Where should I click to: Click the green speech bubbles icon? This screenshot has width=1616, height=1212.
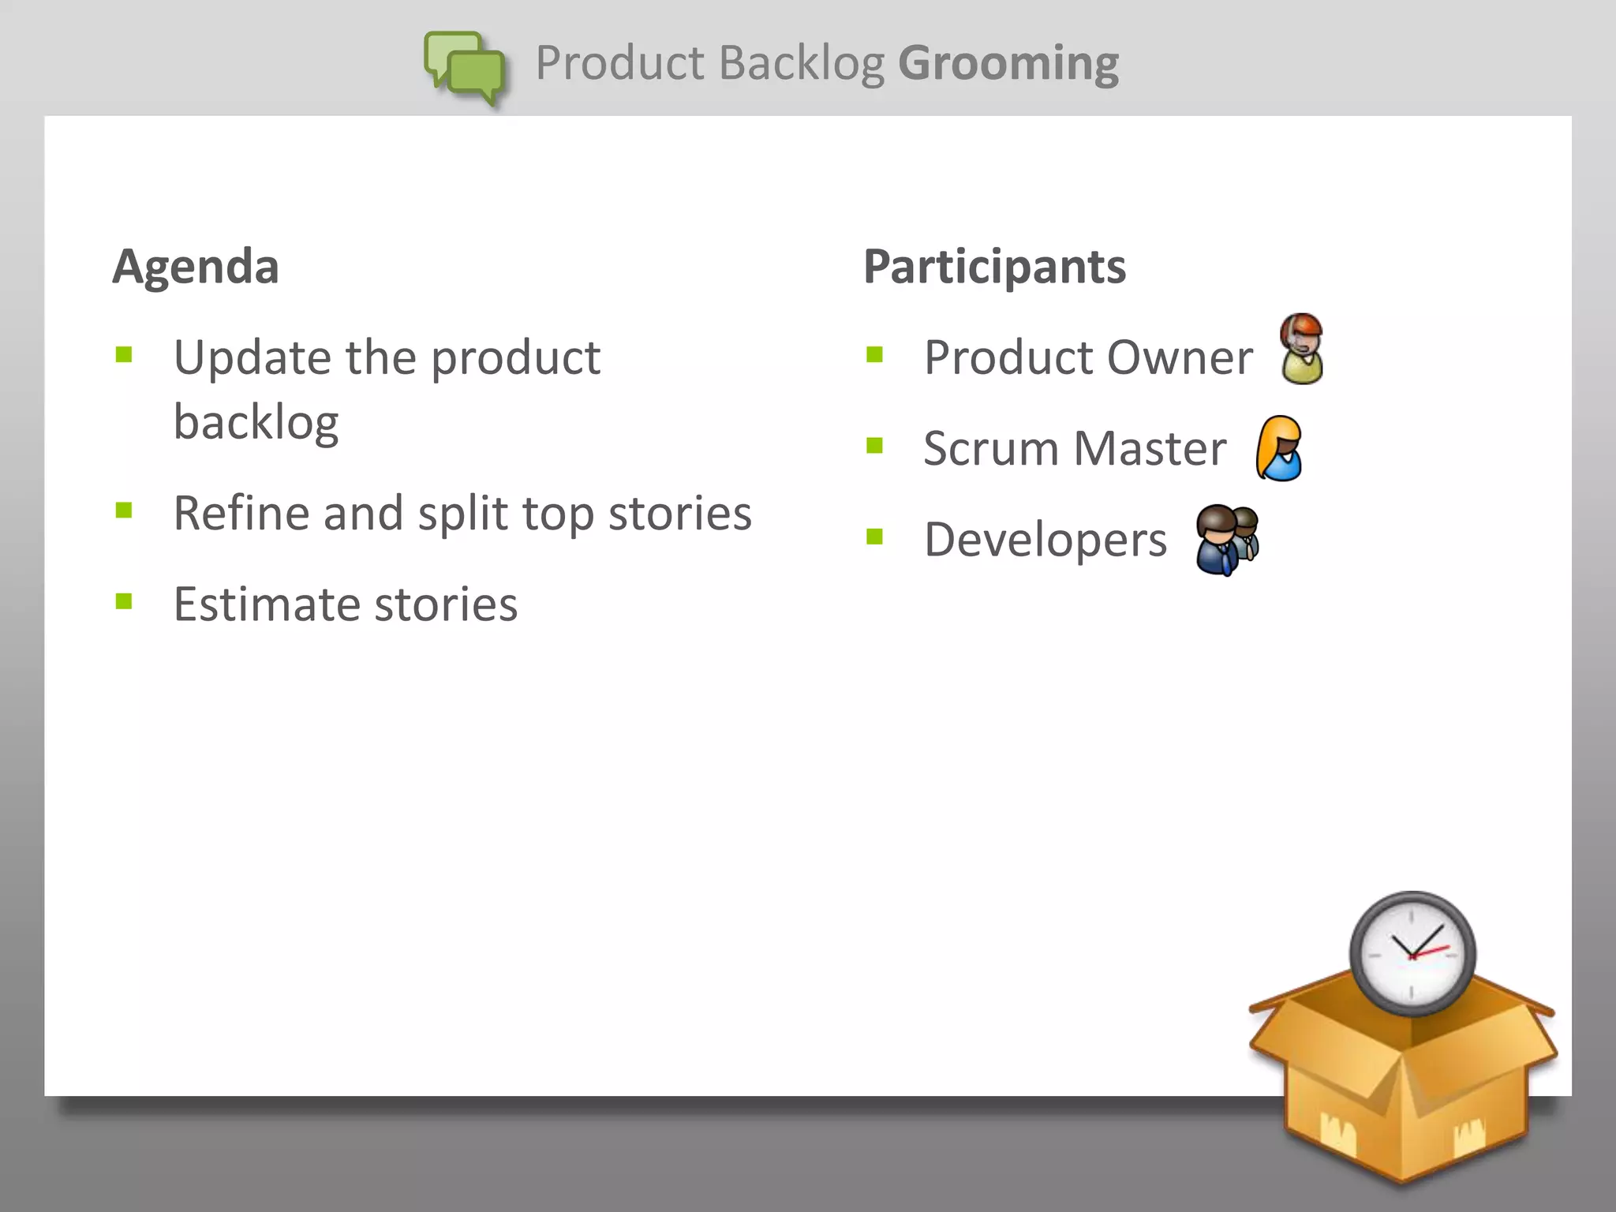[466, 66]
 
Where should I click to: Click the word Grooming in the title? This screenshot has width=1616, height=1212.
[1008, 63]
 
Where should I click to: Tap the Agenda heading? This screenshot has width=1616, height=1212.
[196, 267]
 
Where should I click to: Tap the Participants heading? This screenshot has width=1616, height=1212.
[994, 267]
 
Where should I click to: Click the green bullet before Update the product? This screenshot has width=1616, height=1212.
[124, 354]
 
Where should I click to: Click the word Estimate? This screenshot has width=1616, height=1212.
[266, 604]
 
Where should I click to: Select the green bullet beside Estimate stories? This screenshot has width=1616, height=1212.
[124, 602]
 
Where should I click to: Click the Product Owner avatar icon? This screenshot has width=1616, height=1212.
[1301, 349]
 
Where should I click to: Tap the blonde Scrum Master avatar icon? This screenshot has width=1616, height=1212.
[1279, 448]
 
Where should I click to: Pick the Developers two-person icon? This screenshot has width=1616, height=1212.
[1226, 540]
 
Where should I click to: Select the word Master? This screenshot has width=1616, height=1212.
[1150, 449]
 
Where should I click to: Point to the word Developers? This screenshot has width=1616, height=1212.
[1046, 541]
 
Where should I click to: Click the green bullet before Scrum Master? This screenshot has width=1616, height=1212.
[874, 446]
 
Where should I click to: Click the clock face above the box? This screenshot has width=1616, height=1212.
[1412, 953]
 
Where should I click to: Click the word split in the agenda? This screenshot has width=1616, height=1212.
[462, 514]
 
